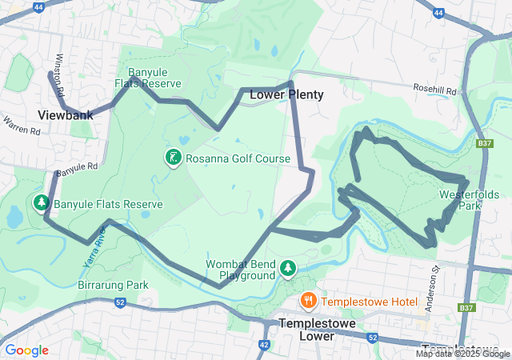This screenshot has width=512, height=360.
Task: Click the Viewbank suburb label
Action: pyautogui.click(x=66, y=115)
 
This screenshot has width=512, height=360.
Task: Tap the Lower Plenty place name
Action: pyautogui.click(x=286, y=94)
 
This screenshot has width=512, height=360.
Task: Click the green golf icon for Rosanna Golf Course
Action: pyautogui.click(x=172, y=158)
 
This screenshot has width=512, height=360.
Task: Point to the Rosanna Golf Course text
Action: pyautogui.click(x=238, y=159)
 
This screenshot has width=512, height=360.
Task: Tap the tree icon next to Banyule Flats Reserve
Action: pyautogui.click(x=41, y=203)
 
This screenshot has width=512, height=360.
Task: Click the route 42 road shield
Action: pyautogui.click(x=264, y=344)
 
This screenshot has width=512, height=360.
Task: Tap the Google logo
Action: pyautogui.click(x=26, y=350)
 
